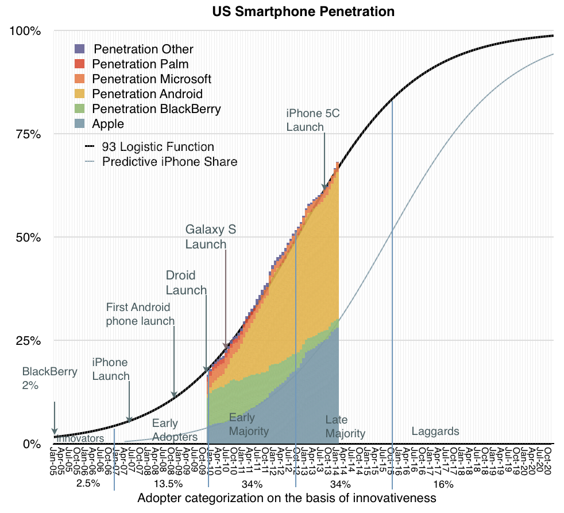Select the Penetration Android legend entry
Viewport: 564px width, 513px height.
pyautogui.click(x=147, y=94)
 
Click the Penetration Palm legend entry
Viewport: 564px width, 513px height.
pyautogui.click(x=140, y=64)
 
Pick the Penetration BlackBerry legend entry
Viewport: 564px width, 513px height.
pyautogui.click(x=156, y=108)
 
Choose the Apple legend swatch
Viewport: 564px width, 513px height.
pyautogui.click(x=80, y=123)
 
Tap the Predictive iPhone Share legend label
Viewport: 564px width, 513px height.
pyautogui.click(x=169, y=161)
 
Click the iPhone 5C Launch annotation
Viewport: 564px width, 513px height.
pyautogui.click(x=313, y=120)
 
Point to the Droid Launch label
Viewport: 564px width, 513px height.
pyautogui.click(x=186, y=282)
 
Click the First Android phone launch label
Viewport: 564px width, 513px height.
pyautogui.click(x=140, y=314)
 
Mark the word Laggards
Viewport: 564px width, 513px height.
pyautogui.click(x=435, y=431)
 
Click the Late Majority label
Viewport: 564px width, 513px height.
pyautogui.click(x=345, y=427)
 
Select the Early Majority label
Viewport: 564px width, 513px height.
pyautogui.click(x=249, y=424)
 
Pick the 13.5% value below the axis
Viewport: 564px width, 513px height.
pyautogui.click(x=169, y=484)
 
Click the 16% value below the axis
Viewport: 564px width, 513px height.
pyautogui.click(x=444, y=484)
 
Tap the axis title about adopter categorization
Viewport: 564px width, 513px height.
pyautogui.click(x=287, y=498)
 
